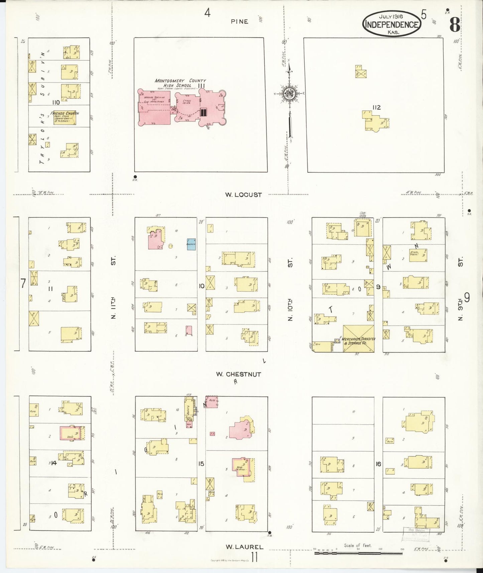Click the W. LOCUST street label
(x=243, y=195)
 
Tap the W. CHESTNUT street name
(x=238, y=374)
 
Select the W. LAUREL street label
(x=244, y=547)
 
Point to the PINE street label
(x=239, y=21)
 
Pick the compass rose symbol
(x=288, y=94)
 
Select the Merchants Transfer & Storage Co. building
(x=358, y=339)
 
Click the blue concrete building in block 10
(x=191, y=244)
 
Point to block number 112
(x=376, y=107)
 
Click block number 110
(x=55, y=102)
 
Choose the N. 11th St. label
(x=113, y=288)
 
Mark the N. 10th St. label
(x=290, y=290)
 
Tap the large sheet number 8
(x=454, y=24)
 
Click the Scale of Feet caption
(x=358, y=545)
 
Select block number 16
(x=378, y=464)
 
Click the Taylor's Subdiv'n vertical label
(x=42, y=107)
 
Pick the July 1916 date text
(x=391, y=16)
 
